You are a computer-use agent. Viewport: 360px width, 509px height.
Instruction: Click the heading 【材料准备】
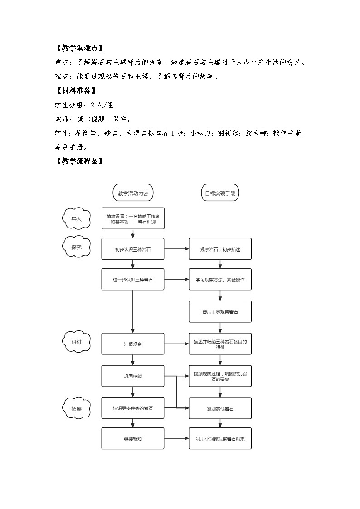pos(75,90)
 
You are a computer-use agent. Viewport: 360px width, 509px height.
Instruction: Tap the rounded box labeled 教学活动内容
pos(133,193)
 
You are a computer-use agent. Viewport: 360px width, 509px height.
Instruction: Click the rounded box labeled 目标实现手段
pos(220,193)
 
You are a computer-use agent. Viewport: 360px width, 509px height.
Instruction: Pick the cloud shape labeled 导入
pos(76,219)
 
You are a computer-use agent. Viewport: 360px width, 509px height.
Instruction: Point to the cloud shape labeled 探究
pos(77,247)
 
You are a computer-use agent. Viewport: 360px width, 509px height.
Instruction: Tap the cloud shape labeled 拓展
pos(77,408)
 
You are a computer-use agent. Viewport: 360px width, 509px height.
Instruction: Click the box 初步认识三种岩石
pos(133,249)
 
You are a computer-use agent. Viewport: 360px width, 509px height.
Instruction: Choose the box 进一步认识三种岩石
pos(133,280)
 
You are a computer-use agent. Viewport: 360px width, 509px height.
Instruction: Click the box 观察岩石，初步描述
pos(220,249)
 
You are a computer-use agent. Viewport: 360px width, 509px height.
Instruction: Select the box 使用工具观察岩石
pos(220,312)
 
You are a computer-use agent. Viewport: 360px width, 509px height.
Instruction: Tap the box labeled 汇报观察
pos(133,344)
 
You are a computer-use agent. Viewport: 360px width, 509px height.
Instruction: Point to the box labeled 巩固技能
pos(133,376)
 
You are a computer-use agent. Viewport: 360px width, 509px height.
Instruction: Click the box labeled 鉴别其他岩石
pos(220,408)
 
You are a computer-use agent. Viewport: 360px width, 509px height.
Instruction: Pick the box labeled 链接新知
pos(133,439)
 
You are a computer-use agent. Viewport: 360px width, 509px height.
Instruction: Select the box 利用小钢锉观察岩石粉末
pos(220,439)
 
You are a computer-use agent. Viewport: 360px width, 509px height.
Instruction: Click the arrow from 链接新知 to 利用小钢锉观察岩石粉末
pos(176,439)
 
